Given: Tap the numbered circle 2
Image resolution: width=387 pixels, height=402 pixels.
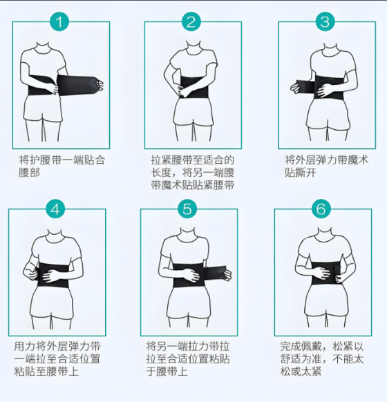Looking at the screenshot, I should pyautogui.click(x=191, y=21).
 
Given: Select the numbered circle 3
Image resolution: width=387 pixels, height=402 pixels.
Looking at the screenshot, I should pyautogui.click(x=324, y=21).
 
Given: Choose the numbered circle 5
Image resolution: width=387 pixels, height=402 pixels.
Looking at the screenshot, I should pyautogui.click(x=187, y=209).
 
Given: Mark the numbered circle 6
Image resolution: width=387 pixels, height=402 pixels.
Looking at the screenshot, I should pyautogui.click(x=319, y=209).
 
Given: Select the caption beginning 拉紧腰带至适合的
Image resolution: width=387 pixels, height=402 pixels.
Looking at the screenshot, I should pyautogui.click(x=193, y=172).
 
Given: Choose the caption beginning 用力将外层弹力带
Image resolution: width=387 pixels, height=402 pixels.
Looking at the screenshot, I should pyautogui.click(x=57, y=358).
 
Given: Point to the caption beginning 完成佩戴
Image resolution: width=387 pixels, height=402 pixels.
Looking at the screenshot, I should pyautogui.click(x=322, y=358).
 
